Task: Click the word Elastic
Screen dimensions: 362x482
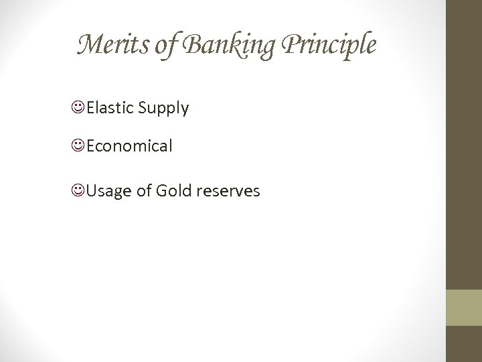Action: coord(110,107)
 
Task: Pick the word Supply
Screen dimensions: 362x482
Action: coord(163,108)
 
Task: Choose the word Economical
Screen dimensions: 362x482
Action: coord(129,145)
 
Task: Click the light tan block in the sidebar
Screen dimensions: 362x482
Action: coord(463,307)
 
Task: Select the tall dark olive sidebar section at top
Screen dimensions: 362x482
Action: coord(463,144)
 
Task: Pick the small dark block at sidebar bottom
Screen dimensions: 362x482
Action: coord(463,344)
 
